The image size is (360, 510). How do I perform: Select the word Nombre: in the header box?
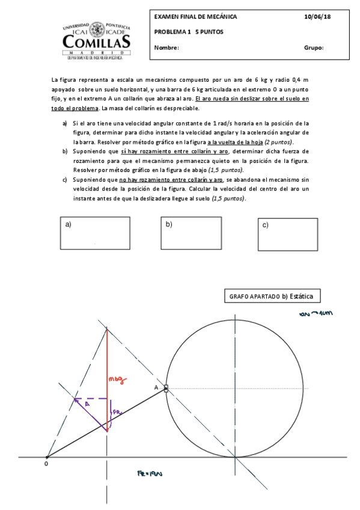(166, 48)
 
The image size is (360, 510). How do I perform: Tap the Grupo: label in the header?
(314, 48)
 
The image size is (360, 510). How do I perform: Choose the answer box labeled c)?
(287, 233)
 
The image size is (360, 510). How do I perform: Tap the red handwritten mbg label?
(116, 379)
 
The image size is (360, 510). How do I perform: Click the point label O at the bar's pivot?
(46, 464)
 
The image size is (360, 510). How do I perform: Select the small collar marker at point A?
(166, 389)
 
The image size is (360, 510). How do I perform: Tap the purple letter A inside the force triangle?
(87, 405)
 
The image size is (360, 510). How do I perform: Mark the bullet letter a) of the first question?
(65, 123)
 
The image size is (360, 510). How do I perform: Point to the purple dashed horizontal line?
(90, 398)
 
